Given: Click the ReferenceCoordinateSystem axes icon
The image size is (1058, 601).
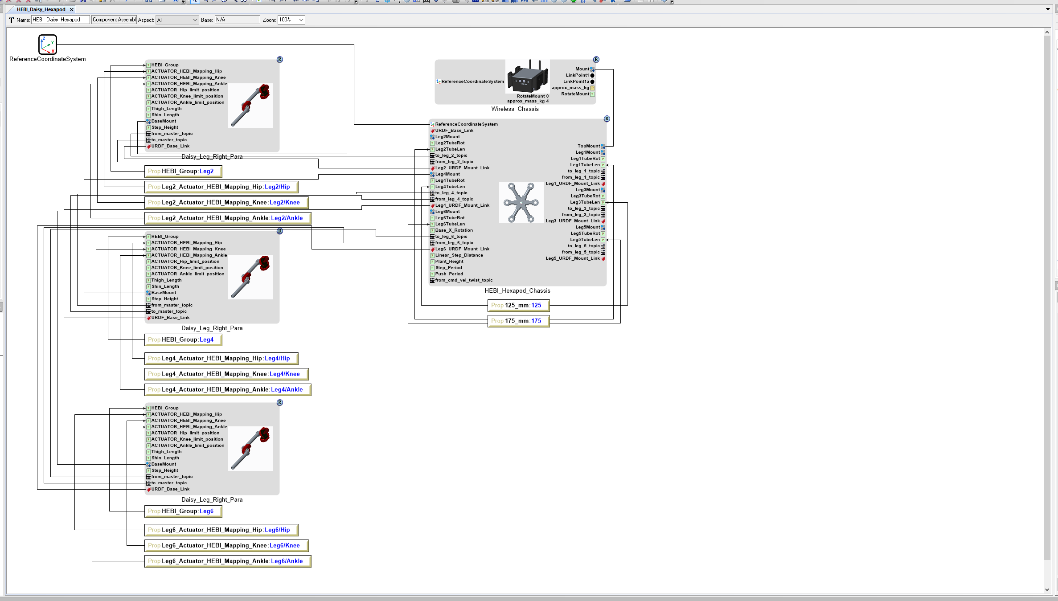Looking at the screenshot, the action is (47, 45).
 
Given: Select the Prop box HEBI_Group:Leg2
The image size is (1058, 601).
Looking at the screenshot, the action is (183, 171).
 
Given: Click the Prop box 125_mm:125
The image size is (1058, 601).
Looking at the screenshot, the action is (518, 305).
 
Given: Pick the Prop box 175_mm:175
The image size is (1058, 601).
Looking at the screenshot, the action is (518, 321).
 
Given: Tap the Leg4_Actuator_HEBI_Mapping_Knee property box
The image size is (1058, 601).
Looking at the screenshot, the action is (226, 374).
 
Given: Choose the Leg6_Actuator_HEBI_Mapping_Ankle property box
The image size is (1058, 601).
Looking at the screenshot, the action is (228, 561).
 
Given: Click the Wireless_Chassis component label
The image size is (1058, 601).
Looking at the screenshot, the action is (515, 109).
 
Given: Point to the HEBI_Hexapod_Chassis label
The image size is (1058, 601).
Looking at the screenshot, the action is (517, 290).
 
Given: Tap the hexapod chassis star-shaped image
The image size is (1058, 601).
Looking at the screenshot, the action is (521, 202).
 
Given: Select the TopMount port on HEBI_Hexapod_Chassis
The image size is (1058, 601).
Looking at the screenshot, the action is (589, 146).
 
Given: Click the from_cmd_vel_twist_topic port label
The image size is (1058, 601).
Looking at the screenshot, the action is (463, 280).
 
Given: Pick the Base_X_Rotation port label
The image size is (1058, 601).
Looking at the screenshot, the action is (454, 230).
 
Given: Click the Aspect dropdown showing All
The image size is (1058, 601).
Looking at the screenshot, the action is (177, 20).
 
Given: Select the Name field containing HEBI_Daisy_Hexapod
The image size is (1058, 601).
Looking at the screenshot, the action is (60, 20).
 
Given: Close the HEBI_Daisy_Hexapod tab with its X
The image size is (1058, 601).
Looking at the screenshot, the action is (72, 9).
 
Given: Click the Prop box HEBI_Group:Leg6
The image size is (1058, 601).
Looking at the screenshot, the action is (183, 511).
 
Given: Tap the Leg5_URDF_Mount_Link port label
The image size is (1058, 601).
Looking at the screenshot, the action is (573, 258).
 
